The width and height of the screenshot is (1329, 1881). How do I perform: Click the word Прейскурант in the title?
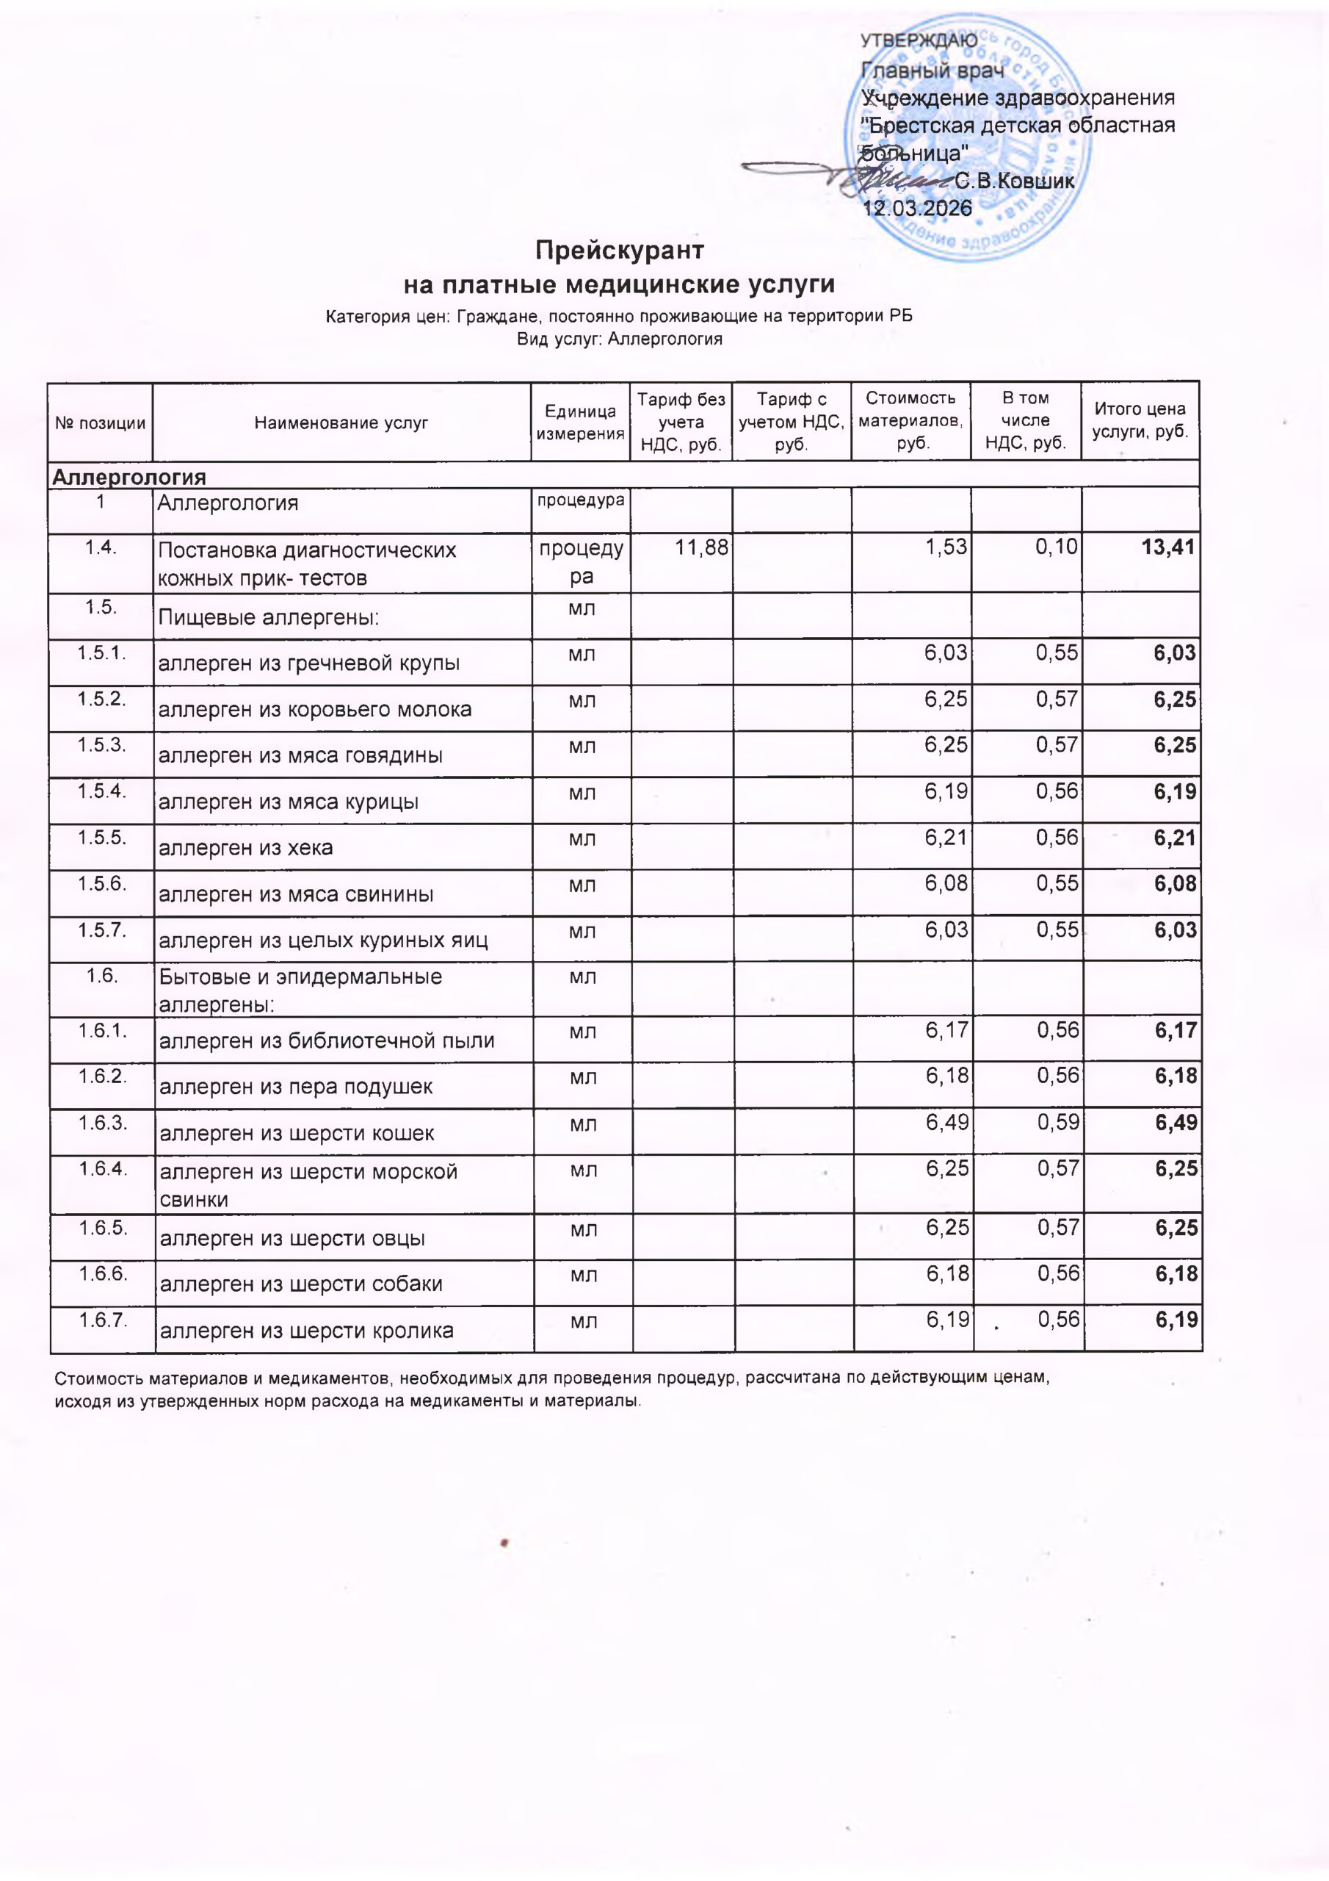(x=620, y=250)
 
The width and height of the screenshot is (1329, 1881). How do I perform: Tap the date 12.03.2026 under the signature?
(x=918, y=208)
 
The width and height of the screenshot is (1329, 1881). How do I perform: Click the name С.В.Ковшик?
(x=1015, y=181)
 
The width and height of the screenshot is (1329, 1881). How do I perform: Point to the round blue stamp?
(x=968, y=137)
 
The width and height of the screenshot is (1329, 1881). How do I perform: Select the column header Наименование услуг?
(x=341, y=422)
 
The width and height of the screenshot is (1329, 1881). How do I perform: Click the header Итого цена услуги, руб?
(x=1140, y=420)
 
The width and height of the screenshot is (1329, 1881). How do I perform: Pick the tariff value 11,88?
(x=701, y=547)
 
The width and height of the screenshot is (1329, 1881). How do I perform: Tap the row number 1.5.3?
(x=101, y=746)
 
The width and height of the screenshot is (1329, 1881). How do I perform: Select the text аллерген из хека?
(x=246, y=848)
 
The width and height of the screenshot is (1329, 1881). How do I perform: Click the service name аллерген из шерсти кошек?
(x=297, y=1134)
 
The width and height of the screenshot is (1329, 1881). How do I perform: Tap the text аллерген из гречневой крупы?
(x=308, y=663)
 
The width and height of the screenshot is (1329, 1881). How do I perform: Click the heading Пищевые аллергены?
(x=269, y=618)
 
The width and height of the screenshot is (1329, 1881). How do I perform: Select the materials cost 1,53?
(x=946, y=547)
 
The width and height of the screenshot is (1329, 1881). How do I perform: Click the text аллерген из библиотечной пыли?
(x=327, y=1041)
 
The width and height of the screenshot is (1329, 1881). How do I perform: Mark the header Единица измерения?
(x=581, y=422)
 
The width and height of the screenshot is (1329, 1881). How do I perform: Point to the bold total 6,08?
(x=1176, y=884)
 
